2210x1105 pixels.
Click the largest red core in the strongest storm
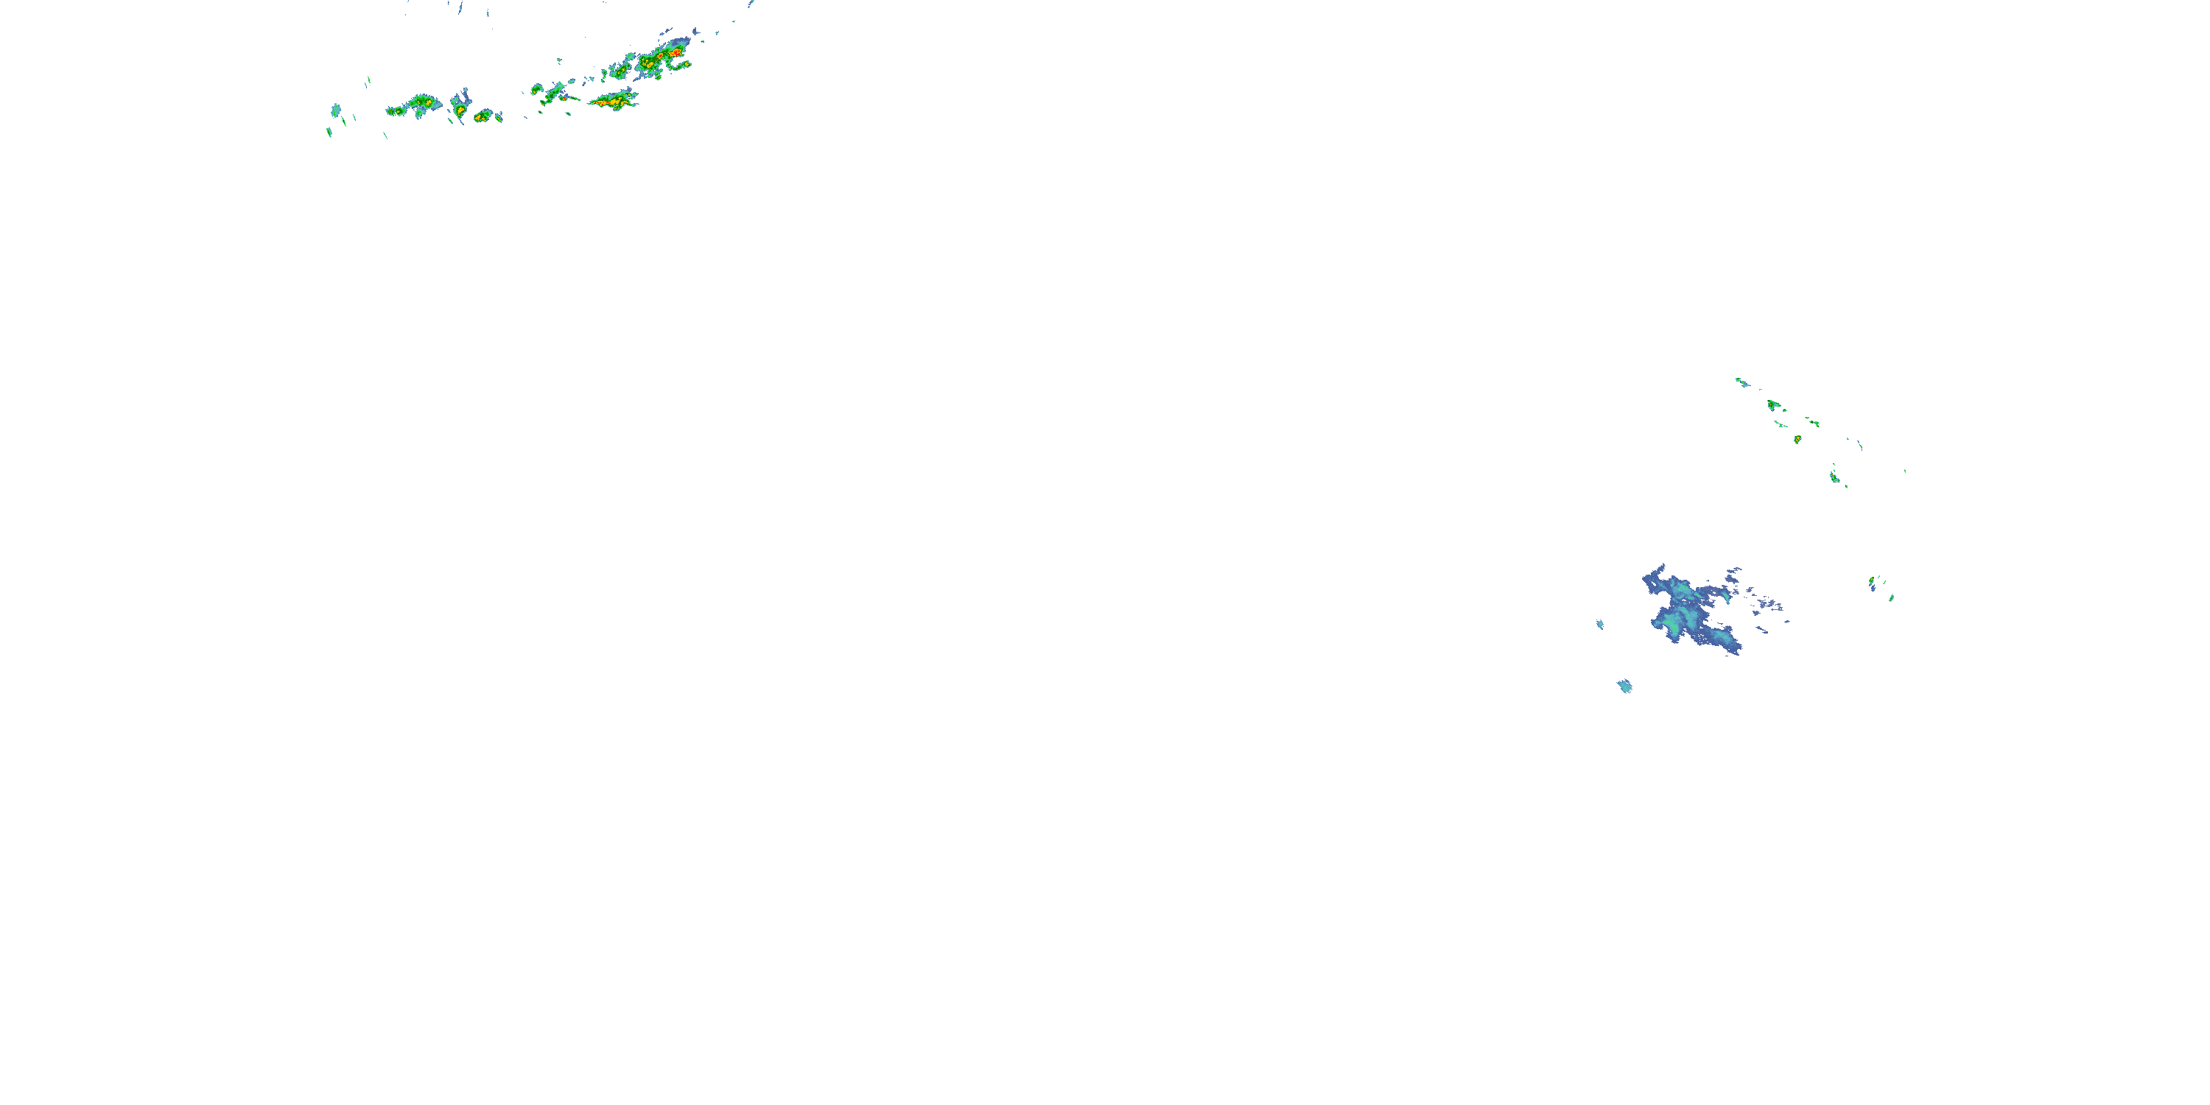tap(677, 53)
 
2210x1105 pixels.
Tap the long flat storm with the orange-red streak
tap(613, 102)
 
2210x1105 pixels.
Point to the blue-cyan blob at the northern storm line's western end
tap(335, 110)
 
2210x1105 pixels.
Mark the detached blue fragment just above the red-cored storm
tap(695, 32)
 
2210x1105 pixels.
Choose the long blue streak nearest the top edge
tap(460, 9)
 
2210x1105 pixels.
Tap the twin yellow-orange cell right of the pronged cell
tap(484, 115)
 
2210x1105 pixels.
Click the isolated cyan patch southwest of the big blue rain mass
tap(1624, 686)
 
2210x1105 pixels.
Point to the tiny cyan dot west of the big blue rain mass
tap(1600, 625)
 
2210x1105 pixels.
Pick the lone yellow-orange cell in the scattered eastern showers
tap(1797, 439)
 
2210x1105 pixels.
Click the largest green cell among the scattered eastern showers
tap(1772, 404)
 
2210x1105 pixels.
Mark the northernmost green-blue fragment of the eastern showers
tap(1741, 381)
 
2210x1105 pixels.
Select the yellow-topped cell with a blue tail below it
tap(1872, 583)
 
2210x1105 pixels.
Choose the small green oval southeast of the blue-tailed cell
tap(1891, 597)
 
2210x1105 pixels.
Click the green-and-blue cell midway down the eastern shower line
tap(1834, 476)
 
